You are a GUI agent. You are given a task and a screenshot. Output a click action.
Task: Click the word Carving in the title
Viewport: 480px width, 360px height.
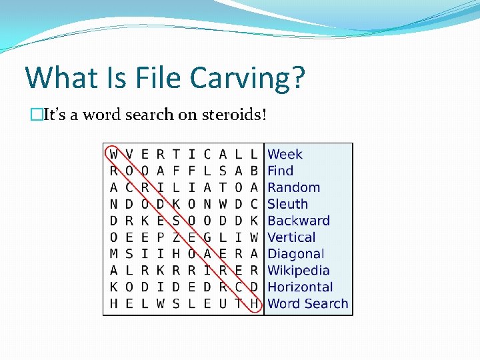pyautogui.click(x=239, y=78)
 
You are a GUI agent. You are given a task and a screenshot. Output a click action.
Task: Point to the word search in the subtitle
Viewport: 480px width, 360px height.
pyautogui.click(x=148, y=115)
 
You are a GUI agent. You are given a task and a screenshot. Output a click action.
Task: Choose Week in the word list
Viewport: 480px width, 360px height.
pyautogui.click(x=285, y=155)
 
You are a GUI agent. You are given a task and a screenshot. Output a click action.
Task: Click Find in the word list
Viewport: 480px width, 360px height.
pyautogui.click(x=281, y=171)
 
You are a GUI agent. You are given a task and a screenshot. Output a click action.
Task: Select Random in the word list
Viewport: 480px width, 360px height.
pyautogui.click(x=294, y=188)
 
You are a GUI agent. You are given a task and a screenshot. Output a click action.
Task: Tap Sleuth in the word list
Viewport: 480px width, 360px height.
pyautogui.click(x=288, y=205)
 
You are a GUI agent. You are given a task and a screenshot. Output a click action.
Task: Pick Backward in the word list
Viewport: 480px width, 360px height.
pyautogui.click(x=299, y=221)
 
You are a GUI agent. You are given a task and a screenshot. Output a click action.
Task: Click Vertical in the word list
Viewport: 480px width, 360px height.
pyautogui.click(x=292, y=237)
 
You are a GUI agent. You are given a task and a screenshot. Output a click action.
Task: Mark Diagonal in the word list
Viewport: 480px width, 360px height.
pyautogui.click(x=296, y=254)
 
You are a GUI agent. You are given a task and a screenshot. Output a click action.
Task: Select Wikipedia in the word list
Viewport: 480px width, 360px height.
pyautogui.click(x=299, y=271)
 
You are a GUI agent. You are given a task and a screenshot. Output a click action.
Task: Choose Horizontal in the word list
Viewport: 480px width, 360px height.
pyautogui.click(x=300, y=287)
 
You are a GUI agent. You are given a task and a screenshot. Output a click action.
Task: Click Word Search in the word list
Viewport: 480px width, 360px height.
pyautogui.click(x=308, y=304)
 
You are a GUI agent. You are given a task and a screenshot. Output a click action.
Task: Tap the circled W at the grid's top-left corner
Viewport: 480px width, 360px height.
pyautogui.click(x=113, y=155)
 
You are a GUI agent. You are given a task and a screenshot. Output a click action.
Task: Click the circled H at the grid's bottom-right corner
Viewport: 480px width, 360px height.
pyautogui.click(x=254, y=304)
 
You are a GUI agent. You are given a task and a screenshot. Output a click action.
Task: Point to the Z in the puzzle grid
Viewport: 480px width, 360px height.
pyautogui.click(x=176, y=237)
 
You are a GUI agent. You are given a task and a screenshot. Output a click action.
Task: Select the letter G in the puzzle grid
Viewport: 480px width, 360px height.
pyautogui.click(x=207, y=237)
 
